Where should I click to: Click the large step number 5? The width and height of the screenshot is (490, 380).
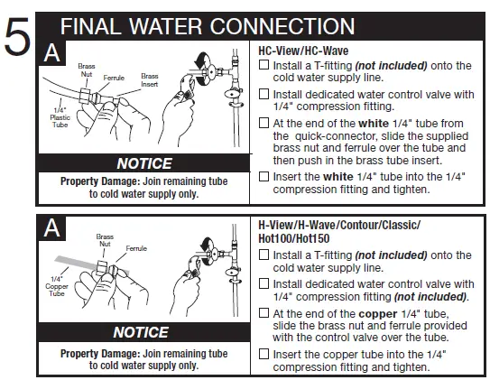click(20, 40)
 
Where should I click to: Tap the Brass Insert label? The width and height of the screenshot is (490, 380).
click(149, 81)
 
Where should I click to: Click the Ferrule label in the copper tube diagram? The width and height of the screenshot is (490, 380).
click(137, 247)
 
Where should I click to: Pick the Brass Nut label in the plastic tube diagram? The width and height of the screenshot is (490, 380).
click(86, 71)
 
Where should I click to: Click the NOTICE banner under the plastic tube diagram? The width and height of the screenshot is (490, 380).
click(143, 163)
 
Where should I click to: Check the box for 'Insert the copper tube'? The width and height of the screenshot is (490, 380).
click(263, 353)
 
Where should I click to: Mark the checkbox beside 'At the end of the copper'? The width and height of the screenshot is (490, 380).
click(263, 313)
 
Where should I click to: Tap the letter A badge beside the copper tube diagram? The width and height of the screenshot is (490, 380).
click(53, 230)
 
